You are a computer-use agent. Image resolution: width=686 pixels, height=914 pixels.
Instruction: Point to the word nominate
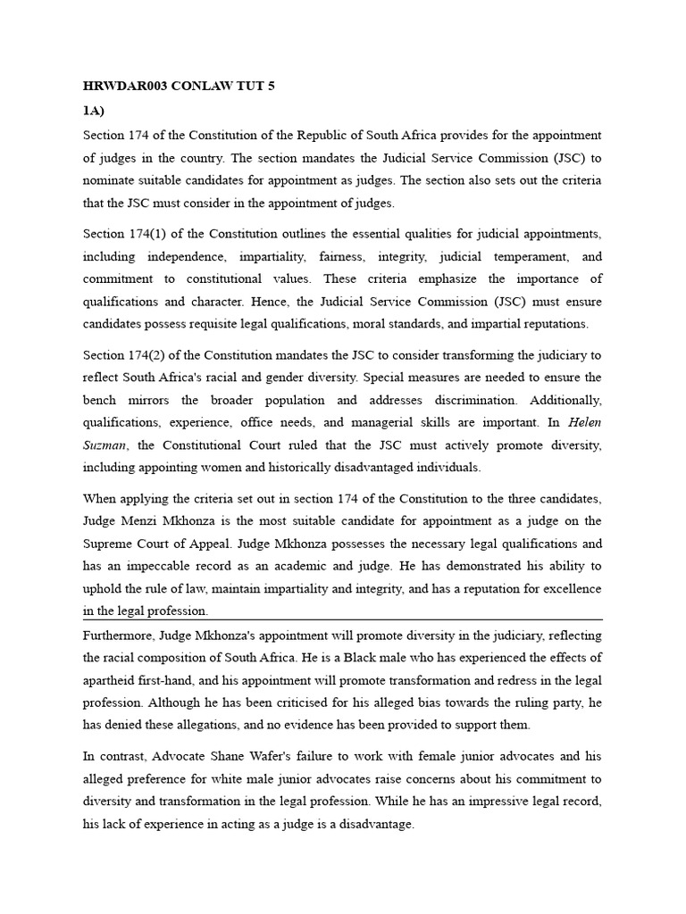[x=108, y=181]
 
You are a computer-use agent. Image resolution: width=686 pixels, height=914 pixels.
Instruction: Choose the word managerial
[x=401, y=422]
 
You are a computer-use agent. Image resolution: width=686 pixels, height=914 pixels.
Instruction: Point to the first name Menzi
[x=139, y=520]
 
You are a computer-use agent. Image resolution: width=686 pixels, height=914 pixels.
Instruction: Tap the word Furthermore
[x=118, y=635]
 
